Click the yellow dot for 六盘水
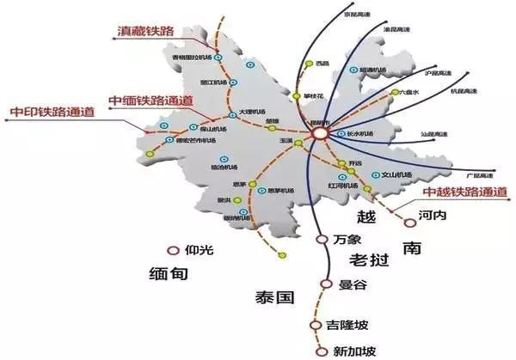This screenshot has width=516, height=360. click(393, 92)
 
